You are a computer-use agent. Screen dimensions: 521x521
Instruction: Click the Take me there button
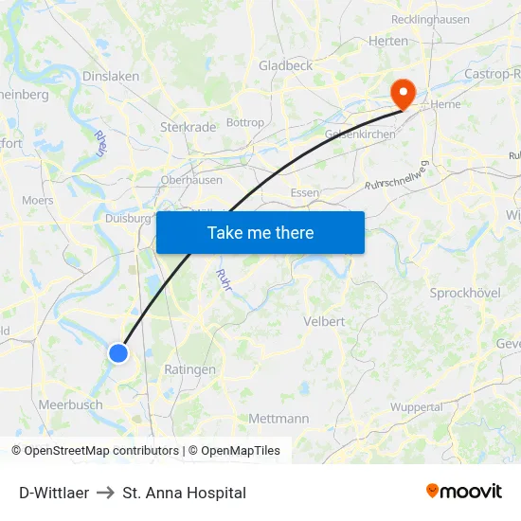260,232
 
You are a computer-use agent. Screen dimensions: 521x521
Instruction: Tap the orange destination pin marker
404,93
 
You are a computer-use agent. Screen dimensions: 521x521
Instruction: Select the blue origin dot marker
118,353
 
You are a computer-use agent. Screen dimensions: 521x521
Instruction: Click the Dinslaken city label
111,77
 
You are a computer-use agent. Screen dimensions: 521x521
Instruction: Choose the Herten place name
388,41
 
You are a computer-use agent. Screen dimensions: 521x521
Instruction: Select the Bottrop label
246,123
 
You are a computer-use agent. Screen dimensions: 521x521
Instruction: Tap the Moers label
38,201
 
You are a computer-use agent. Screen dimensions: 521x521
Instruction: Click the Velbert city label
324,321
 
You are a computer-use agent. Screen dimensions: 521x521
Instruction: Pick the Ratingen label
189,369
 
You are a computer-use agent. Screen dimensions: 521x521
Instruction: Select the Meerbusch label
71,404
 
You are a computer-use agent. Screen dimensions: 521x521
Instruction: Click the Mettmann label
278,418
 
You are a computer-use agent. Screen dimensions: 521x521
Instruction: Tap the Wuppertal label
416,407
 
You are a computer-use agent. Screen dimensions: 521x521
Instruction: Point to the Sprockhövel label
465,293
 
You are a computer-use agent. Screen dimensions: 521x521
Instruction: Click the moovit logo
464,492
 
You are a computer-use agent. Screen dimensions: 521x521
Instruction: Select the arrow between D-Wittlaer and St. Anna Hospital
105,494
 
